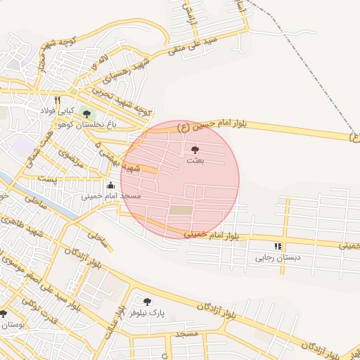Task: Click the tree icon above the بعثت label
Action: [x=195, y=150]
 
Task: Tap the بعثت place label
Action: [x=195, y=161]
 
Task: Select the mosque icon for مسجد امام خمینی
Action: [x=110, y=185]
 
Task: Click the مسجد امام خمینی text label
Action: [x=111, y=195]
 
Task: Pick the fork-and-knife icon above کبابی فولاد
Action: [x=57, y=100]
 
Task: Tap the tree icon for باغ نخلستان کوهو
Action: [x=86, y=114]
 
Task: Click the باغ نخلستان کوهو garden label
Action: [x=86, y=124]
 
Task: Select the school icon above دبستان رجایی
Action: [x=278, y=247]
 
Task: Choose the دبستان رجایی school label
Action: [x=278, y=257]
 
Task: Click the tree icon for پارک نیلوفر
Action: [x=147, y=302]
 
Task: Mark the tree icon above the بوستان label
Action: [x=3, y=314]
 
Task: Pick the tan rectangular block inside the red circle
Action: [x=181, y=210]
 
